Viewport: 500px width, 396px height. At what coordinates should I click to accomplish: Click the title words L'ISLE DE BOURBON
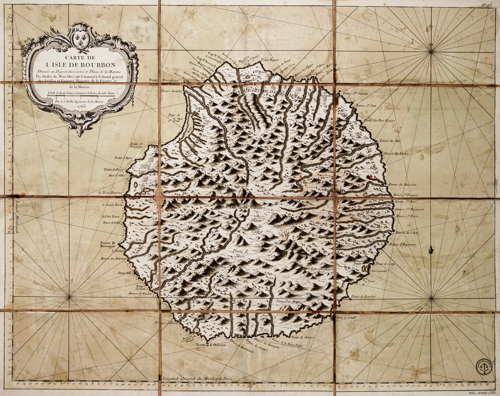(x=81, y=64)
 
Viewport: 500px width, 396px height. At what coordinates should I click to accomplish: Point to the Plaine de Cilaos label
(x=240, y=253)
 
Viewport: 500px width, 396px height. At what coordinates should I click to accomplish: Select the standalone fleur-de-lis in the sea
(x=431, y=250)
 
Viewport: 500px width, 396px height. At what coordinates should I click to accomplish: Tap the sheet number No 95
(x=488, y=4)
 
